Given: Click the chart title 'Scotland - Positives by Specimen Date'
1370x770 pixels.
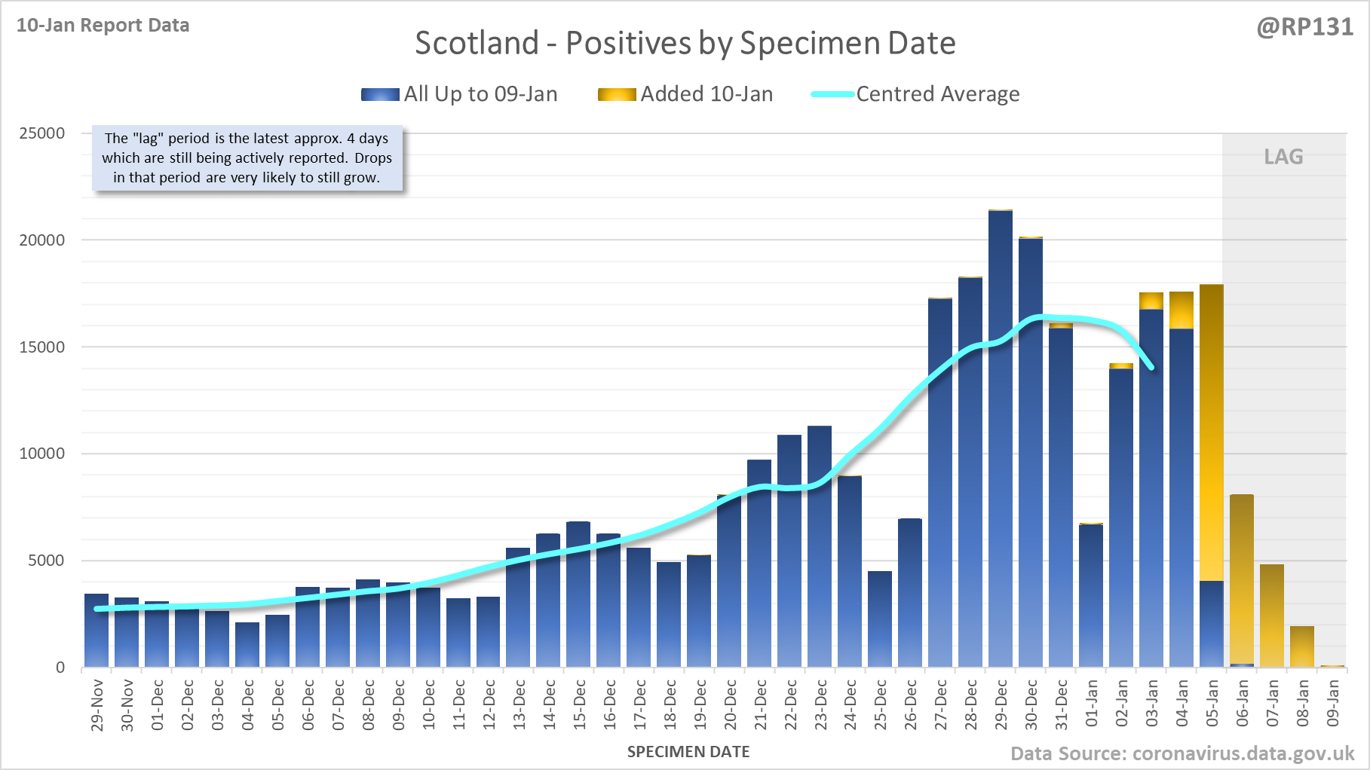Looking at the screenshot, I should tap(685, 43).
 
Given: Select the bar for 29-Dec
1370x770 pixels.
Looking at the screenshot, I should tap(1001, 437).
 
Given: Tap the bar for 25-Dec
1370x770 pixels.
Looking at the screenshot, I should tap(880, 618).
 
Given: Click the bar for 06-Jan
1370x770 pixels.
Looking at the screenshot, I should tap(1242, 580).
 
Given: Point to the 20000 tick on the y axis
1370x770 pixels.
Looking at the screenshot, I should tap(42, 240).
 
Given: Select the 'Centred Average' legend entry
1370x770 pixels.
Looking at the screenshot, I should tap(915, 94).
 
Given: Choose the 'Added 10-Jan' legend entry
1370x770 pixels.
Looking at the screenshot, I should tap(685, 94).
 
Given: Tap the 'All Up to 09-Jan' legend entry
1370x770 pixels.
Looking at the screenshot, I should tap(460, 94).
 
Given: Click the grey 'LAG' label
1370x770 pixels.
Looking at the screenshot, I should tap(1283, 157).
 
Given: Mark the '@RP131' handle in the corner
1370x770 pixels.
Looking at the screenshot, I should tap(1304, 27).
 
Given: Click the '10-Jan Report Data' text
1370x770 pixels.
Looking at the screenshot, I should tap(103, 26).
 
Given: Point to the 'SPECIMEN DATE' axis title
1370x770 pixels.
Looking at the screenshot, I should tap(688, 752).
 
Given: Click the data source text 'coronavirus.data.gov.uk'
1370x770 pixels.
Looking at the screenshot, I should tap(1243, 753).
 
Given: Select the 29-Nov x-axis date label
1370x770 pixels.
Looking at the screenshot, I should tap(97, 704).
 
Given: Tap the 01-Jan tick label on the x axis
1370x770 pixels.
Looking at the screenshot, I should tap(1092, 704).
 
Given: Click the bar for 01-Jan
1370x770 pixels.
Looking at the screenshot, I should tap(1091, 595).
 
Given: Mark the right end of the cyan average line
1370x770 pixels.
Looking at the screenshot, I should tap(1151, 368).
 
